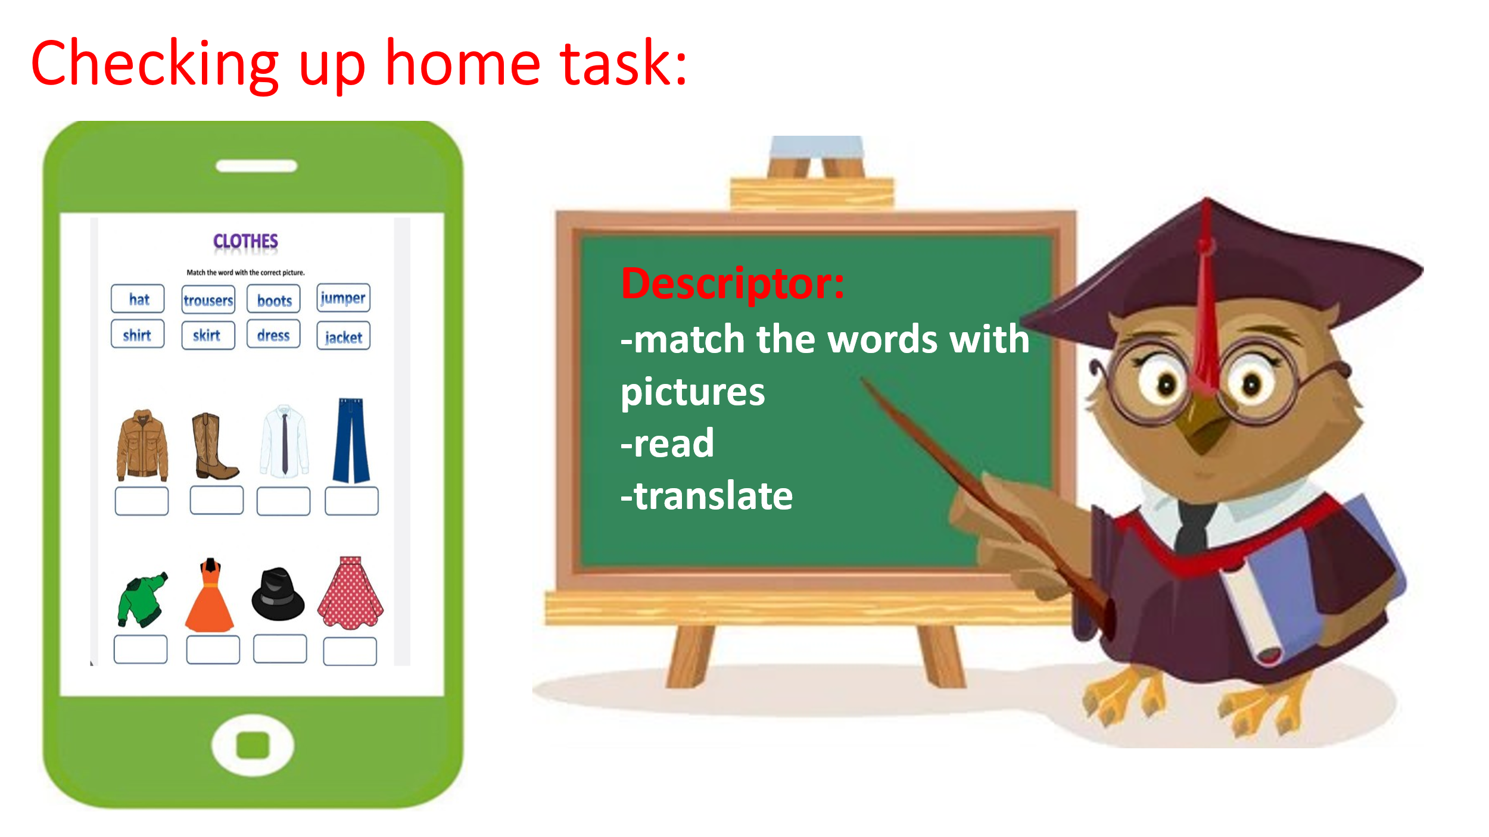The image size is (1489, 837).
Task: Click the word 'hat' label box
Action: [138, 299]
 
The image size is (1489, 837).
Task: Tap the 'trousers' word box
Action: [208, 299]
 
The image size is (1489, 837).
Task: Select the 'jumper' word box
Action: [343, 298]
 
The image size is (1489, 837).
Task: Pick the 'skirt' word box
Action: [208, 335]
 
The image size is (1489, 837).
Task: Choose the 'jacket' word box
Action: [344, 336]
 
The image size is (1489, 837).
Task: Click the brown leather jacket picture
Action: [142, 445]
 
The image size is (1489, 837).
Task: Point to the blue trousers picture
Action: [351, 441]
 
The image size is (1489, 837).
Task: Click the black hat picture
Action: [278, 594]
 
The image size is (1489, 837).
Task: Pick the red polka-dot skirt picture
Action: [351, 592]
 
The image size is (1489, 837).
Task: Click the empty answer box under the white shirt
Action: [284, 501]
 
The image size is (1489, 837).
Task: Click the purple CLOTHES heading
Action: [245, 241]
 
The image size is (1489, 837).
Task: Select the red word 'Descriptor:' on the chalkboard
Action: [733, 283]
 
